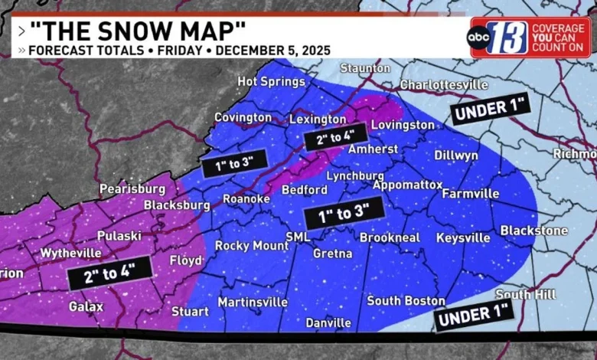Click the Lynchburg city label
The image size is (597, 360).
click(x=354, y=176)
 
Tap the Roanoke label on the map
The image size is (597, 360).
click(x=246, y=199)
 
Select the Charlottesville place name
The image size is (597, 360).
click(x=444, y=85)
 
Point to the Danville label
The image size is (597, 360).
click(x=328, y=322)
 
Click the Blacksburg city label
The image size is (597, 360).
click(x=177, y=205)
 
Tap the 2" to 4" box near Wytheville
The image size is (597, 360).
click(x=106, y=273)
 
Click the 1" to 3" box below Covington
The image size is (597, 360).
click(x=234, y=162)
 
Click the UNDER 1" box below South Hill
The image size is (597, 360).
click(x=472, y=314)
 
